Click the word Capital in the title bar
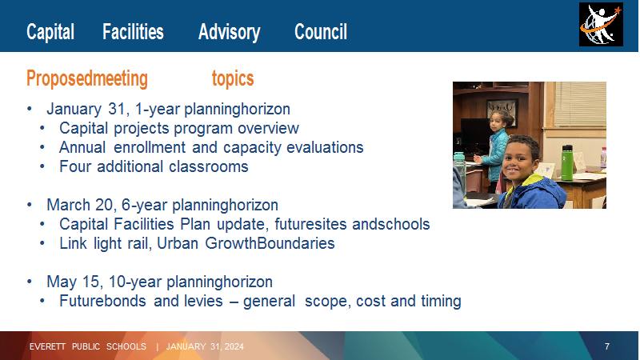(50, 32)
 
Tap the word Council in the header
(321, 32)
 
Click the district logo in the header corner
(601, 25)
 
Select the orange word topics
(233, 78)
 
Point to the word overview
(268, 128)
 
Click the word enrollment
(150, 147)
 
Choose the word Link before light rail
(73, 243)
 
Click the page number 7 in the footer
(607, 346)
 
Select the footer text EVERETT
(47, 346)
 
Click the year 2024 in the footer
(234, 346)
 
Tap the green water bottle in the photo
(566, 162)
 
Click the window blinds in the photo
(579, 104)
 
